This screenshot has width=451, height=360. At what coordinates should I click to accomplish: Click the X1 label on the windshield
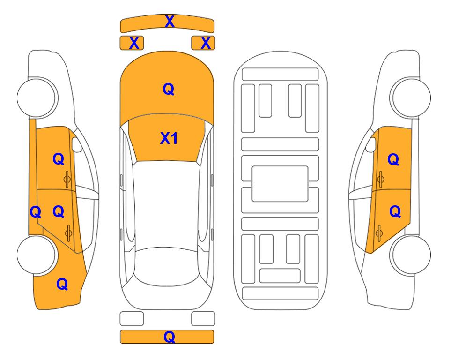tap(169, 138)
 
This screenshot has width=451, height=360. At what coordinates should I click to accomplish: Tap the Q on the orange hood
tap(169, 89)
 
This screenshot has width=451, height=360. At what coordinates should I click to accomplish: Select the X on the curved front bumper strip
tap(170, 22)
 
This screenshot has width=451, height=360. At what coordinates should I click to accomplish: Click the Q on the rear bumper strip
tap(170, 337)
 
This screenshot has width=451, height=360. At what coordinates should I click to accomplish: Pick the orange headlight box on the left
tap(132, 43)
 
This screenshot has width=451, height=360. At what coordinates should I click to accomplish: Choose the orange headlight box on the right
tap(203, 43)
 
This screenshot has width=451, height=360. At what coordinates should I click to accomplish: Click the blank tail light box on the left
tap(132, 319)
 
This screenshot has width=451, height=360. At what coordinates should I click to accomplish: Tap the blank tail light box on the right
tap(203, 319)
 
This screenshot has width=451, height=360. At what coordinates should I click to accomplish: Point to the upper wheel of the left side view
tap(37, 97)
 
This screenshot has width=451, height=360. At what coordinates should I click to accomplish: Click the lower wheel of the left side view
tap(37, 255)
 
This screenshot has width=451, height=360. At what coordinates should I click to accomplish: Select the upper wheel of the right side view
tap(411, 97)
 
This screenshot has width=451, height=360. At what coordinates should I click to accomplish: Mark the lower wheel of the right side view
tap(411, 255)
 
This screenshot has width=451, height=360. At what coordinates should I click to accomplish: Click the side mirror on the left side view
tap(77, 144)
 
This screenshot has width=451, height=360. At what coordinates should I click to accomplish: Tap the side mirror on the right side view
tap(371, 144)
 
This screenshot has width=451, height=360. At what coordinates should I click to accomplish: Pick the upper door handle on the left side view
tap(67, 179)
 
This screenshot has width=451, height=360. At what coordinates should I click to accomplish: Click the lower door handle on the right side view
tap(379, 233)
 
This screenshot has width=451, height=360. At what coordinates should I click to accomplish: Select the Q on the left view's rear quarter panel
tap(62, 285)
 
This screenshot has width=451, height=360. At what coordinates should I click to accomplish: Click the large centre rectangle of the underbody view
tap(280, 184)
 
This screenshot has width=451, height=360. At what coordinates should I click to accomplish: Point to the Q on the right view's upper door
tap(393, 159)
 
